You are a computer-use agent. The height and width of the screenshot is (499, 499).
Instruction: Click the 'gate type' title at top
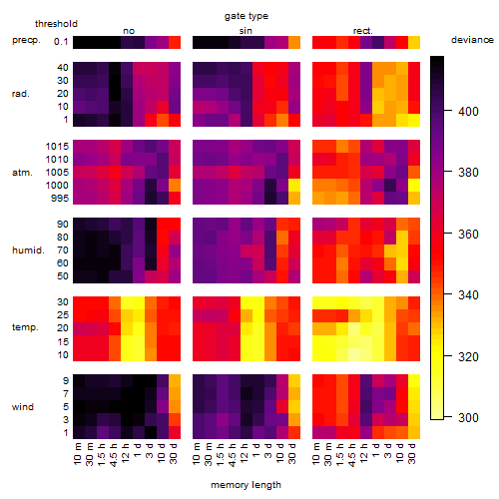247,16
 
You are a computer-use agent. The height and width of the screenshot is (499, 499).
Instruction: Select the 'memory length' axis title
246,485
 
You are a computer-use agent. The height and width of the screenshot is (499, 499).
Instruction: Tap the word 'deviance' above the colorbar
472,40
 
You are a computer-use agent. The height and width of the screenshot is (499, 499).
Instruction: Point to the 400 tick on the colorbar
448,110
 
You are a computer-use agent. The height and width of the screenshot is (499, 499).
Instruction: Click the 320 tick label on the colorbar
468,357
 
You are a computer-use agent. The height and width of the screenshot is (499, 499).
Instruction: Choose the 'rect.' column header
362,31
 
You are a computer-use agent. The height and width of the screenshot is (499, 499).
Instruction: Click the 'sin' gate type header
246,31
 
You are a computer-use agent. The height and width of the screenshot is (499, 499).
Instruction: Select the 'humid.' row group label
28,250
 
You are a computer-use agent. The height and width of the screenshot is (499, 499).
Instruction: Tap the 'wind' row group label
23,407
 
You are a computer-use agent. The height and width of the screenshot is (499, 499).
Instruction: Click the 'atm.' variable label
22,173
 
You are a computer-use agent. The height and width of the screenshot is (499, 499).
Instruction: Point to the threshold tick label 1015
57,147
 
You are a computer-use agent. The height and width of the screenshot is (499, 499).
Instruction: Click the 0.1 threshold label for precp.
61,42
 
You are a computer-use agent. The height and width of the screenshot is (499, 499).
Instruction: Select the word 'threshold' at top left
56,24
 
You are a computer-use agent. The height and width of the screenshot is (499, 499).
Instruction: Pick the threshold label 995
60,199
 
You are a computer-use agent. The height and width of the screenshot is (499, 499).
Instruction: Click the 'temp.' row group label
25,327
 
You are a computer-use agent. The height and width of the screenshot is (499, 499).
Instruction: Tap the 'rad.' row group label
21,94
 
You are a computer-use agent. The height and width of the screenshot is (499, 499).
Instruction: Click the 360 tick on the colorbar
448,234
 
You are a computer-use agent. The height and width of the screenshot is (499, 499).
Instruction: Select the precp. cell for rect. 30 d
414,43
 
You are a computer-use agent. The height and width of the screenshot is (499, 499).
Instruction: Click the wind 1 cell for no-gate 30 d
175,432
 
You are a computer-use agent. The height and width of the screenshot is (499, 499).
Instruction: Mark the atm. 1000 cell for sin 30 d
294,186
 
